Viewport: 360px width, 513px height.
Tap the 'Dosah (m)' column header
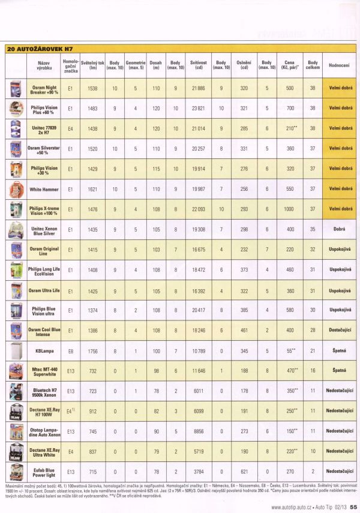(x=155, y=65)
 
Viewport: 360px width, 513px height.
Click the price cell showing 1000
(x=290, y=210)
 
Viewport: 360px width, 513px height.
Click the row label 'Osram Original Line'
(x=43, y=251)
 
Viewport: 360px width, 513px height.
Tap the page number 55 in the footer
(x=353, y=508)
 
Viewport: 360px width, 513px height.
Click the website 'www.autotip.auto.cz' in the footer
(x=290, y=508)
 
